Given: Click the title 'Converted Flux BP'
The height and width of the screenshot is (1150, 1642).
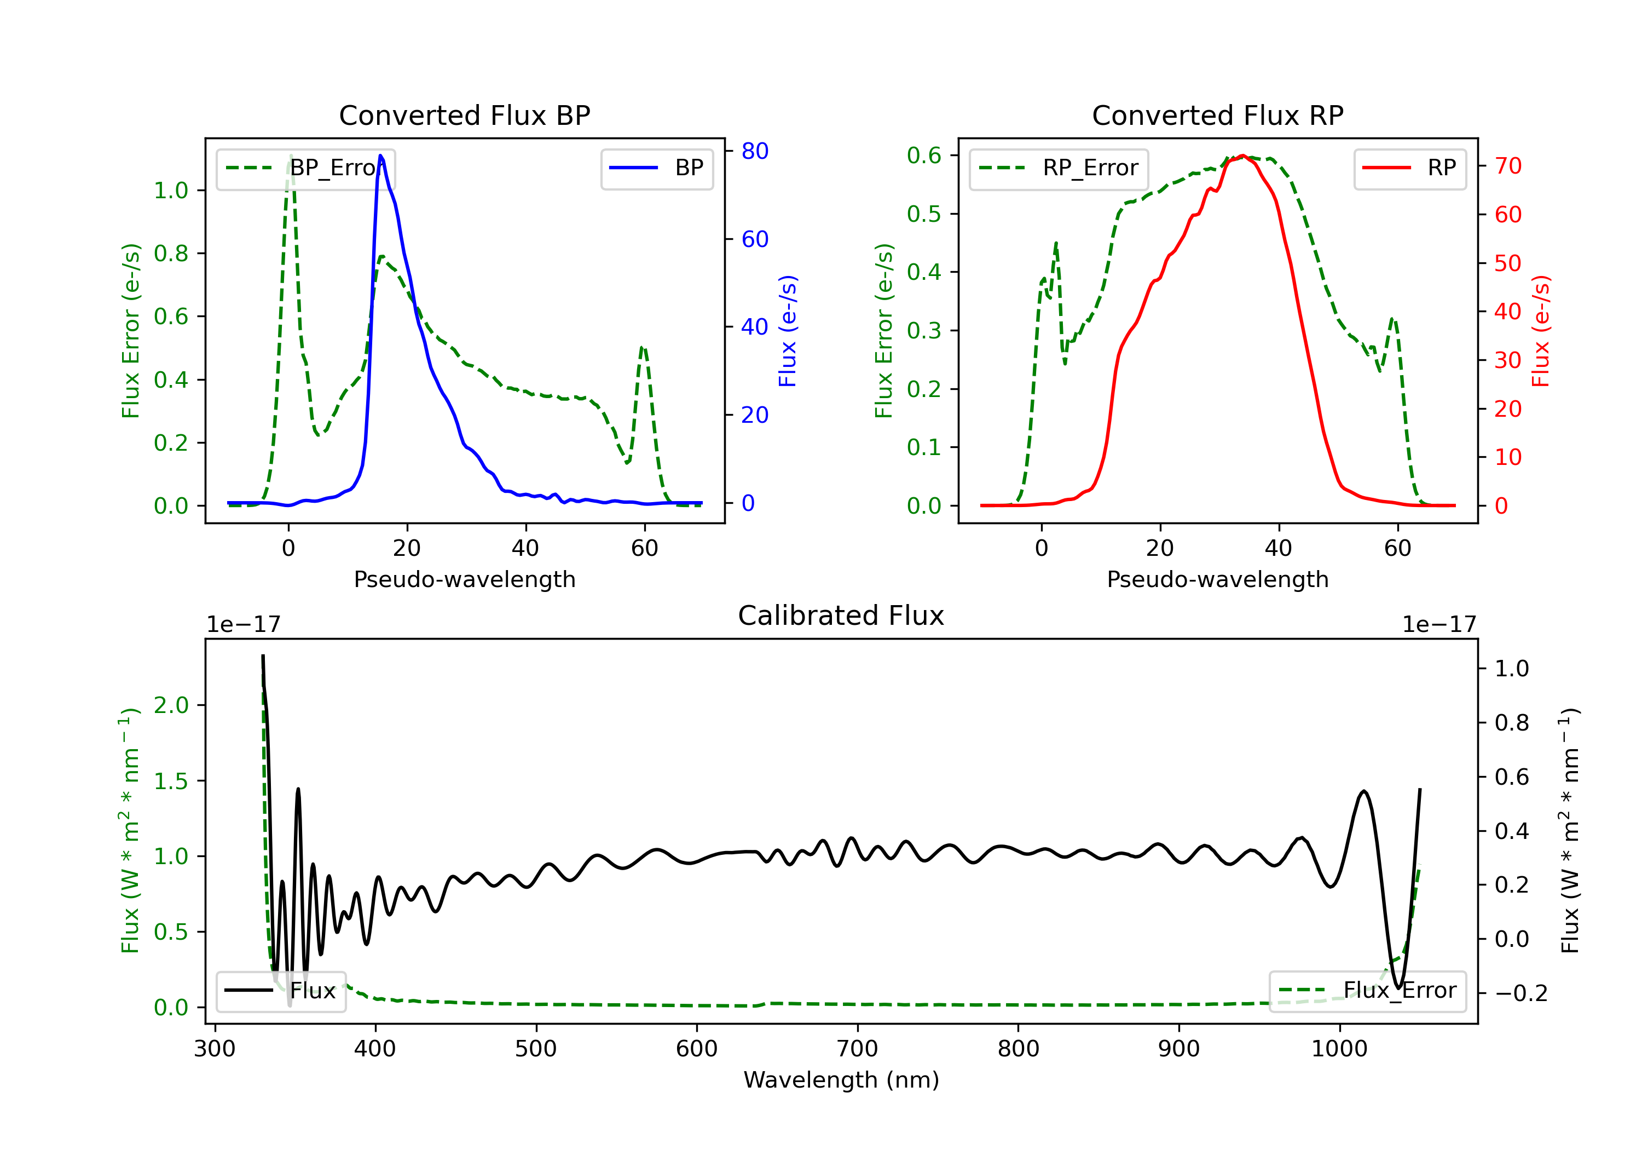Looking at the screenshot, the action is tap(465, 115).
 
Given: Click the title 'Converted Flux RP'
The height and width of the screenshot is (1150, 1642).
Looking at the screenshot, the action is tap(1218, 115).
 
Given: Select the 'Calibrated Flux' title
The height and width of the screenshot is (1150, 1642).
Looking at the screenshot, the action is tap(841, 616).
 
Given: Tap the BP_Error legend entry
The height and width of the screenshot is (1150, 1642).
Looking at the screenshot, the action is tap(305, 168).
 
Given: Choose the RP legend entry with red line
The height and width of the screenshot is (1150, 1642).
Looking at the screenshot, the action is tap(1409, 168).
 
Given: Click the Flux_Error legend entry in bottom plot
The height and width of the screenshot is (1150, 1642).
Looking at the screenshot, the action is tap(1367, 991).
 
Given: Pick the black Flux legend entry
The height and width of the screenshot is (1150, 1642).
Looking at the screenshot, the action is tap(280, 991).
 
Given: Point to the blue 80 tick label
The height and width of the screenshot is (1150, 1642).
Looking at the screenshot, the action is tap(755, 151).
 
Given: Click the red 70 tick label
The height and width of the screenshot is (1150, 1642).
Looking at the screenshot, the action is tap(1508, 166).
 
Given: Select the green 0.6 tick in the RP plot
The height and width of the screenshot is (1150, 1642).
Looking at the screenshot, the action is tap(924, 156).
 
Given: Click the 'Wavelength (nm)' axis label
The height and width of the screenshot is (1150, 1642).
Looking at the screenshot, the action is tap(841, 1080).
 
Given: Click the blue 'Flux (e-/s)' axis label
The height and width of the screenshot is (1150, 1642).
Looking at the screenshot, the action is tap(788, 331).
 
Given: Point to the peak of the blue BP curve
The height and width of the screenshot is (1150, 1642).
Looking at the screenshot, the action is tap(380, 156).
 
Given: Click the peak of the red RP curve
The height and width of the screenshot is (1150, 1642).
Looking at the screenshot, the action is tap(1244, 156).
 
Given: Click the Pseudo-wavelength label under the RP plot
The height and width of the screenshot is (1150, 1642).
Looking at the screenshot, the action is tap(1218, 579).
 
